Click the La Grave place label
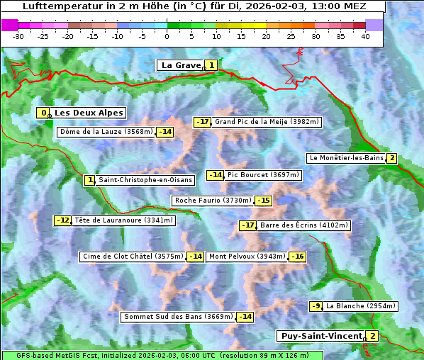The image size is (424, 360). click(181, 65)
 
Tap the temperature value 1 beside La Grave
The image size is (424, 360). click(211, 65)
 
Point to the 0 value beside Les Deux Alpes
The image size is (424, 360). click(44, 113)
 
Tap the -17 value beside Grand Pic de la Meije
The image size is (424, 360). click(203, 122)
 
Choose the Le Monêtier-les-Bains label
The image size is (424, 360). click(346, 158)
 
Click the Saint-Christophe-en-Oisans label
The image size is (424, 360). click(145, 180)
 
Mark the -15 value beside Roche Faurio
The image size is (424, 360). click(264, 201)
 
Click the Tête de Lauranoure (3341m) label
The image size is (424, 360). click(123, 220)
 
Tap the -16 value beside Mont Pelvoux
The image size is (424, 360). click(297, 257)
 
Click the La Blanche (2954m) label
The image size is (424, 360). click(359, 306)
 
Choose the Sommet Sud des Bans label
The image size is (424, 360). click(178, 317)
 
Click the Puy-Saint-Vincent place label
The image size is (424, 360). click(320, 336)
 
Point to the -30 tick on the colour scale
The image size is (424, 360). click(18, 35)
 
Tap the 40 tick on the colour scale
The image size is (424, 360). click(365, 35)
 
